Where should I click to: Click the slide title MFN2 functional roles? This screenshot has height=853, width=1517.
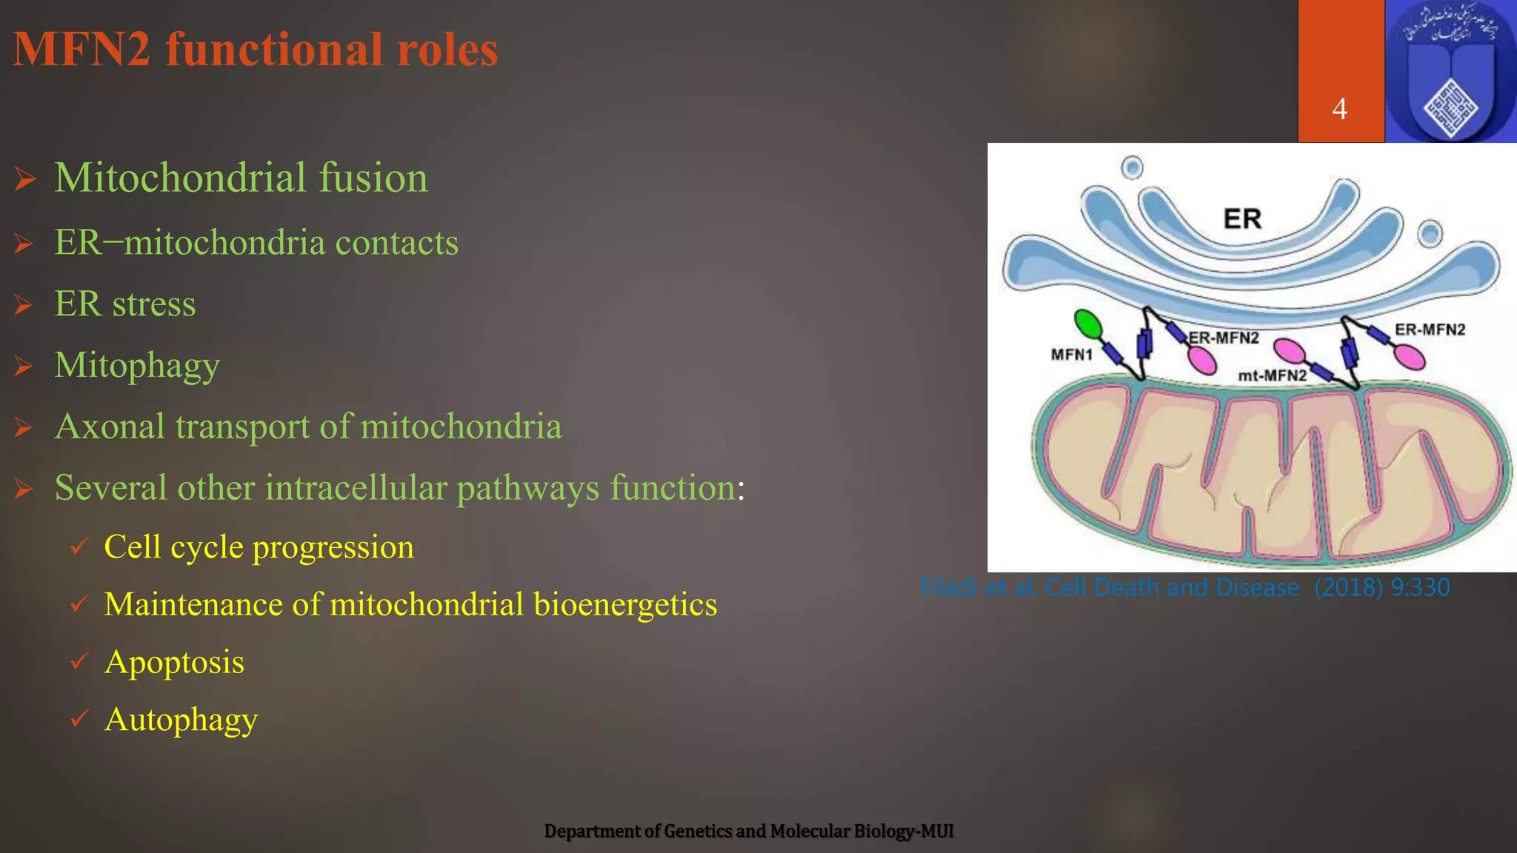point(256,50)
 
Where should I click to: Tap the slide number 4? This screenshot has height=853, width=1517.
point(1339,110)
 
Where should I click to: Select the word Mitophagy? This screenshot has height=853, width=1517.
point(137,365)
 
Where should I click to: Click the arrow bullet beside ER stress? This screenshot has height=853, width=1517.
point(24,305)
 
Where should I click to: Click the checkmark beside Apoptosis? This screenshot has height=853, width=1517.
point(79,660)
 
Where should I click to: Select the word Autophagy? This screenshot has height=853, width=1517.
point(181,720)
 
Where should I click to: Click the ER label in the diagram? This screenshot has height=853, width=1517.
point(1242,219)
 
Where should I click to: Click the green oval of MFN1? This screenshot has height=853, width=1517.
point(1087,324)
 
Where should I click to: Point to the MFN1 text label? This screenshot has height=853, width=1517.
point(1071,355)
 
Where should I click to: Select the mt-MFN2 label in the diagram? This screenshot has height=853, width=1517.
point(1272,376)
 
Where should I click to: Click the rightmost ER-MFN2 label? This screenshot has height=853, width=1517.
point(1430,330)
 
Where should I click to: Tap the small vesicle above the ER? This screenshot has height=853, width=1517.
point(1132,168)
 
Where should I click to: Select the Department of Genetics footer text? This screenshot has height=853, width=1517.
point(748,832)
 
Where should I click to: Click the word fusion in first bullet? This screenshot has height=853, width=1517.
point(373,178)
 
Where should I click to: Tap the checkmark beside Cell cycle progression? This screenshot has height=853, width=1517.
point(79,546)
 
